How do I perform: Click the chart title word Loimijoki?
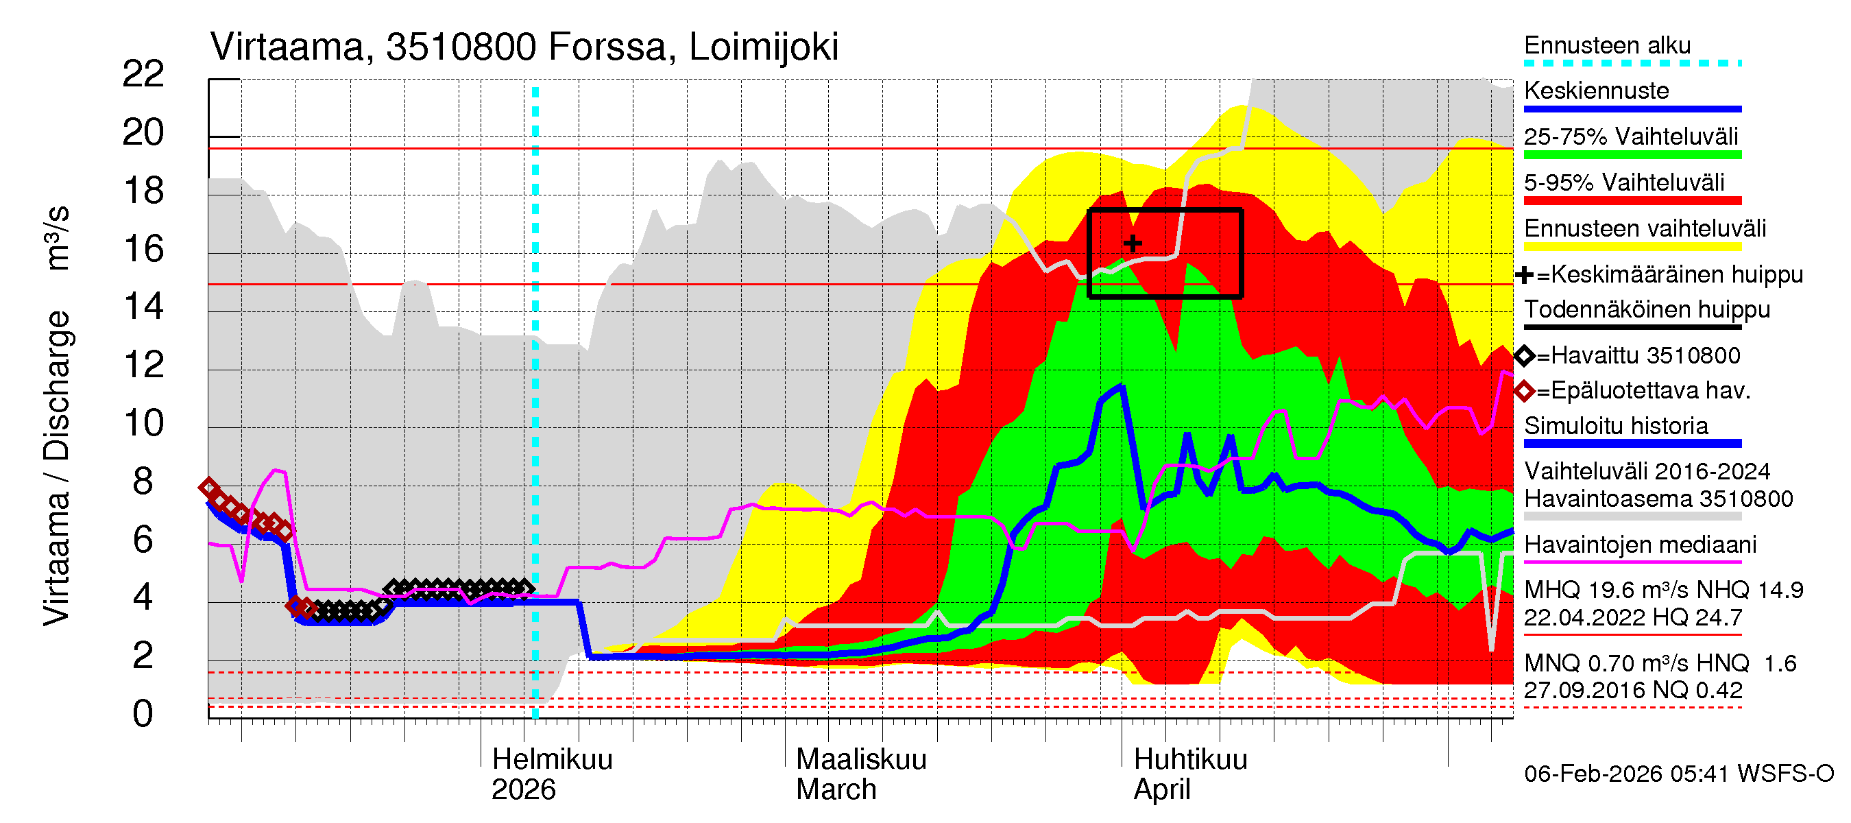pos(763,47)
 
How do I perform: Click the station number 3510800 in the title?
pos(461,47)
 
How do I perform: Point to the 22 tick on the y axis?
pos(143,74)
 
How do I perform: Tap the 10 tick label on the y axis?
pos(143,422)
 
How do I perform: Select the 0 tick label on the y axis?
pos(143,714)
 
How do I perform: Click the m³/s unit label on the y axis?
pos(58,238)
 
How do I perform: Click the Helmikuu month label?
pos(552,760)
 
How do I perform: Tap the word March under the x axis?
pos(836,790)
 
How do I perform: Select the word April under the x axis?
pos(1162,790)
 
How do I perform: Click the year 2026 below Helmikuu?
pos(523,790)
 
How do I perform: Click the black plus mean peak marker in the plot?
pos(1133,243)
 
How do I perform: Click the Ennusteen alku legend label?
pos(1608,45)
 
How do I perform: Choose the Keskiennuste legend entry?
pos(1596,91)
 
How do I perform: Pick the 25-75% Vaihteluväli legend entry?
pos(1630,136)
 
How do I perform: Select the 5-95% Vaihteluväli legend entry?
pos(1624,182)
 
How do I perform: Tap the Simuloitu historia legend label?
pos(1616,425)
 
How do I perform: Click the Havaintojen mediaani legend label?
pos(1641,544)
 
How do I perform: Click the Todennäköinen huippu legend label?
pos(1647,310)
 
